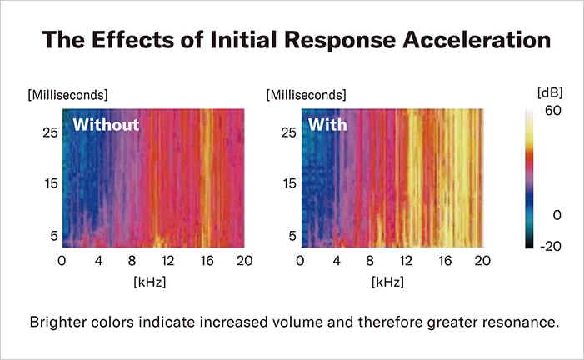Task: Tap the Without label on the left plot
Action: [105, 126]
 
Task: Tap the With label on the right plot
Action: [328, 126]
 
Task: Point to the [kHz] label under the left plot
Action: [150, 282]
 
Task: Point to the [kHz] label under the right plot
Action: [390, 282]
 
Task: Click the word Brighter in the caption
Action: [57, 322]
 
